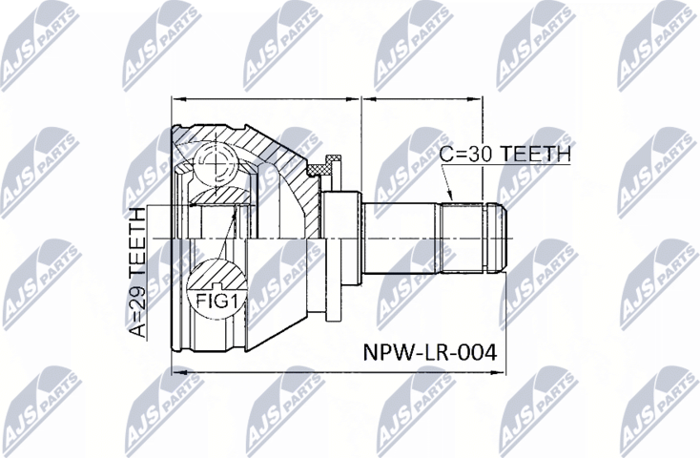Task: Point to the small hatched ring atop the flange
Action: pos(333,163)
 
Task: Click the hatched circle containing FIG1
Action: pos(217,286)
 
